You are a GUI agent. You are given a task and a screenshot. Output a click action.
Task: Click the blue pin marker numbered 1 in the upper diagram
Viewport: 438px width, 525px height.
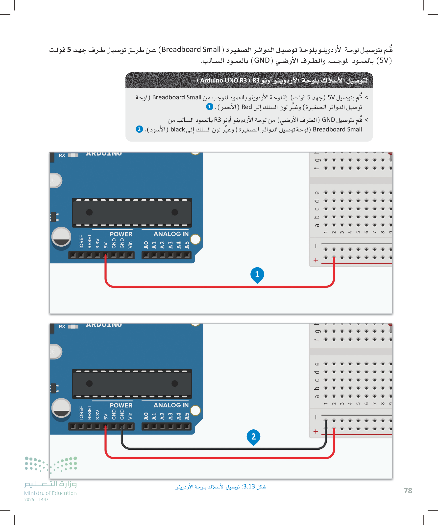click(257, 275)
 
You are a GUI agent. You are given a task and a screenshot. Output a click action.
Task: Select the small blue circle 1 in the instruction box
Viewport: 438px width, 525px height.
click(209, 107)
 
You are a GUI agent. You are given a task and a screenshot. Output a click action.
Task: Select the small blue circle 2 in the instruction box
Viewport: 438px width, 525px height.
click(139, 129)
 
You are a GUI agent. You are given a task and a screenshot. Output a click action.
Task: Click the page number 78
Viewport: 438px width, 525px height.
click(408, 490)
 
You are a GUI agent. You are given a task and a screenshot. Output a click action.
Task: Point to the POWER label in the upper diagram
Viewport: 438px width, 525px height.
click(121, 234)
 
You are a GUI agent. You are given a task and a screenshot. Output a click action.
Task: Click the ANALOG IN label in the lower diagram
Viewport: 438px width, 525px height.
click(171, 405)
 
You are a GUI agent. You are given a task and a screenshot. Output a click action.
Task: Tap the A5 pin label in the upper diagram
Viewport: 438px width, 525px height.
click(187, 245)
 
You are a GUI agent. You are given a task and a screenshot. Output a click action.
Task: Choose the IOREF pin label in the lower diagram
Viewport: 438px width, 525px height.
click(81, 413)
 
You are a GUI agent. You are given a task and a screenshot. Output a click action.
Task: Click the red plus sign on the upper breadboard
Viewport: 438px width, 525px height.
click(316, 260)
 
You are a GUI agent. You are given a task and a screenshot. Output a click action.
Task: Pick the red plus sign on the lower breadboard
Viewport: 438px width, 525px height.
click(316, 432)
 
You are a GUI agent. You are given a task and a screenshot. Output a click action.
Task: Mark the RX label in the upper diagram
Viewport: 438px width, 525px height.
click(62, 155)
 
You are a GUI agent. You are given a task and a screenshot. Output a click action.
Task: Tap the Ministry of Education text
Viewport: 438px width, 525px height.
click(50, 493)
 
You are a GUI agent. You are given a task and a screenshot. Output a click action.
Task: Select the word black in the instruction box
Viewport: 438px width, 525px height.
click(178, 129)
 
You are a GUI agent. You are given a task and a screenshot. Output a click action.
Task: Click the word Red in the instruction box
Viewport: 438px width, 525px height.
click(247, 107)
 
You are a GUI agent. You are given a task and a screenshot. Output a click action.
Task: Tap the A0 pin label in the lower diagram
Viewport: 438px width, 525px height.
click(146, 416)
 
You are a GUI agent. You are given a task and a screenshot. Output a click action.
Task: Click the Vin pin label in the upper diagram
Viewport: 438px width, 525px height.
click(130, 245)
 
